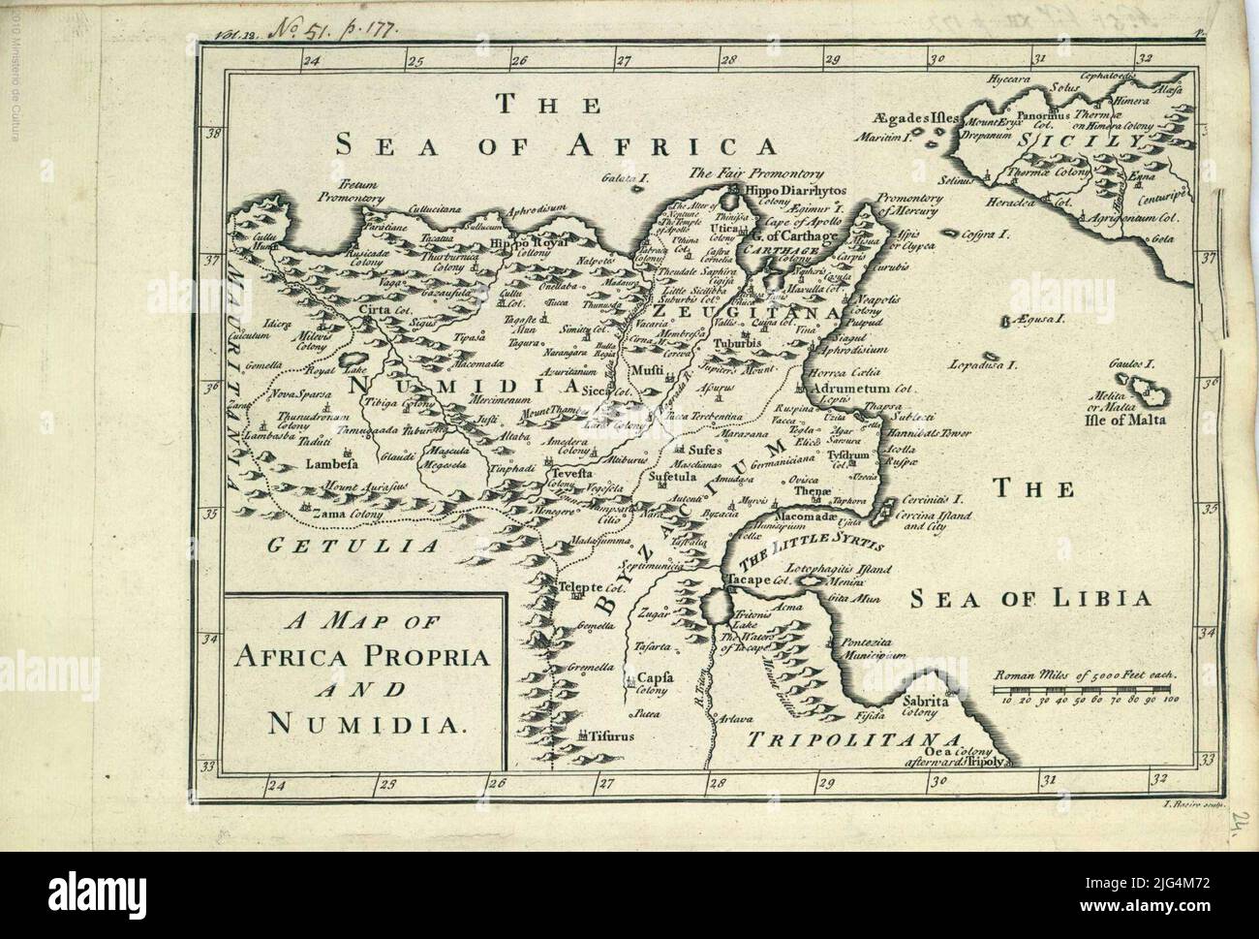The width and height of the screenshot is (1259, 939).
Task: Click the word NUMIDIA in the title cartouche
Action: click(x=365, y=723)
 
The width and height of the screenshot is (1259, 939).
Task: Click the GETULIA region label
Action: click(x=352, y=546)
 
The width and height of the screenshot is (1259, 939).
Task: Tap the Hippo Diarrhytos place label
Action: click(x=811, y=190)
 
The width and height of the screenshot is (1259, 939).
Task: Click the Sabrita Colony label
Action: click(x=920, y=704)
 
